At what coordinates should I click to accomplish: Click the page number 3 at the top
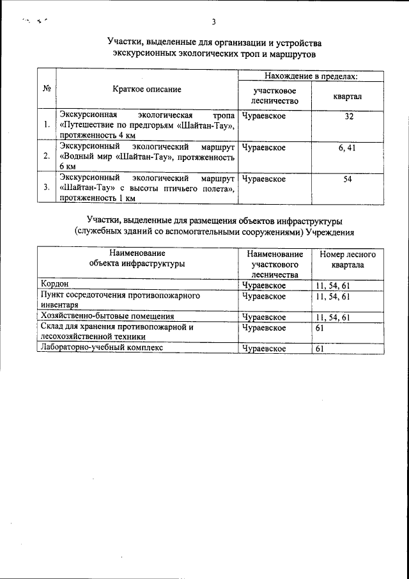214,23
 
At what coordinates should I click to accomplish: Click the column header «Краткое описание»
147,90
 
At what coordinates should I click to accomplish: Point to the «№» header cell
47,90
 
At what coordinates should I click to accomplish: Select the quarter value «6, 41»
348,148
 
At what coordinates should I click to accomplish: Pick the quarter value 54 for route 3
348,179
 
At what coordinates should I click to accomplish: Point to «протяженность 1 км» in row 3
98,198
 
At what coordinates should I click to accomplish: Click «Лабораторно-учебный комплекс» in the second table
102,347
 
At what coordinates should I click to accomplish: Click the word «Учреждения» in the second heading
330,232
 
